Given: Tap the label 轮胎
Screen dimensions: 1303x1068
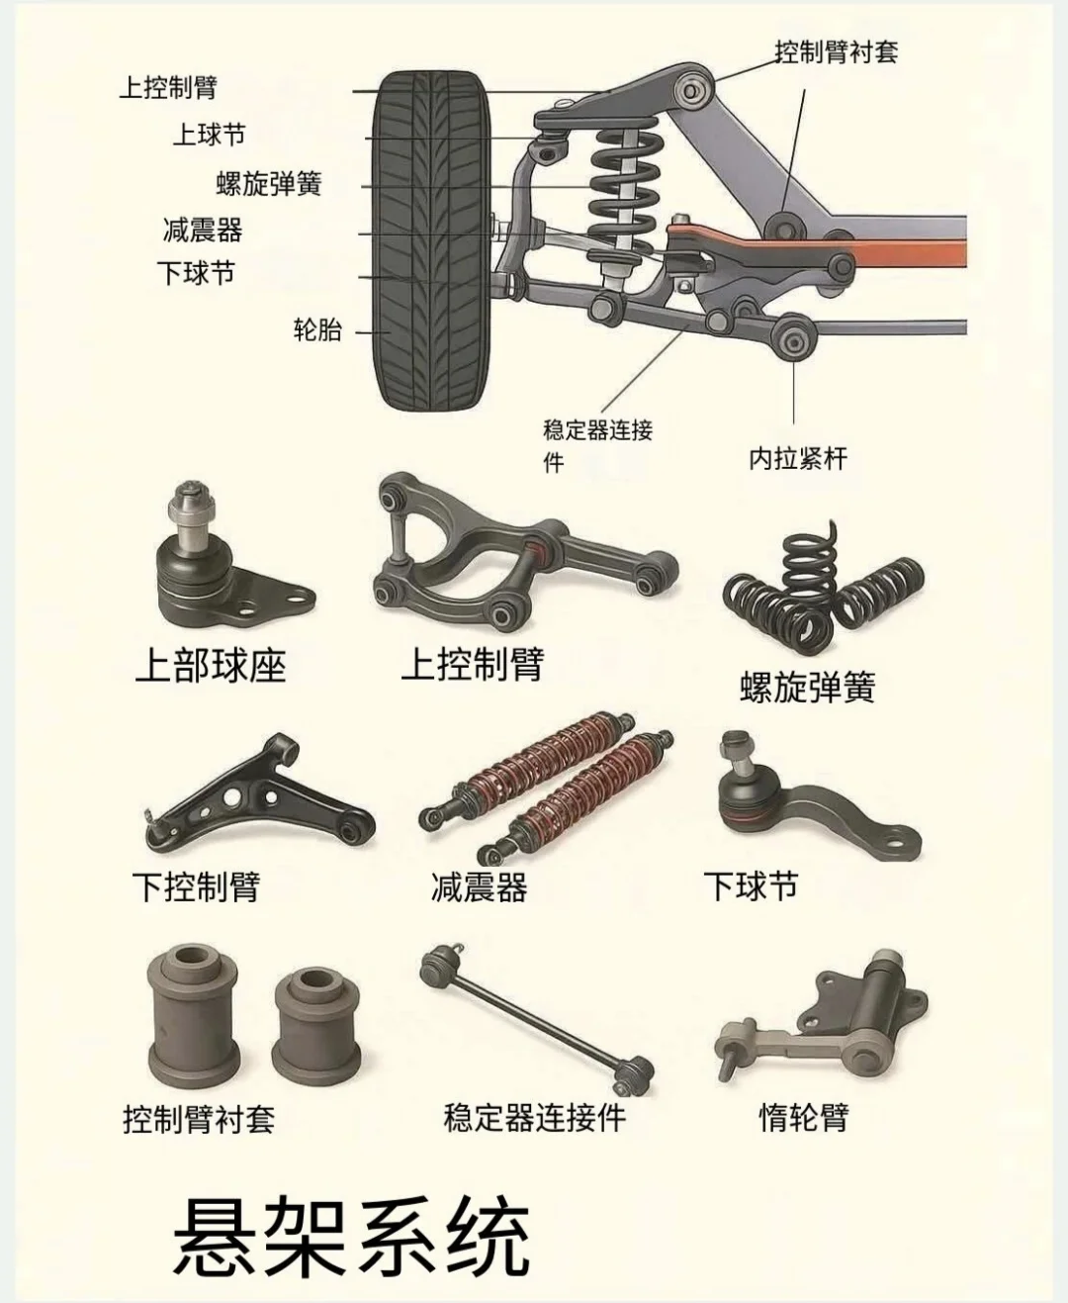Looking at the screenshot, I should [317, 330].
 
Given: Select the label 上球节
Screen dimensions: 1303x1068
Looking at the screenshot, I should [209, 135].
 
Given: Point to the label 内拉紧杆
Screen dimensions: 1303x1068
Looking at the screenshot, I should [797, 458].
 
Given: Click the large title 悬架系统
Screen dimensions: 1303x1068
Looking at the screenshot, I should [351, 1238].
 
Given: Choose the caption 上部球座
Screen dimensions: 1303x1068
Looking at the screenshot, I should [210, 666].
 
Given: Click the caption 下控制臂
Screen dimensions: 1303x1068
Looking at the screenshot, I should [196, 886].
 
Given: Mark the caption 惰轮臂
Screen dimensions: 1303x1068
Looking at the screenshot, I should [803, 1117].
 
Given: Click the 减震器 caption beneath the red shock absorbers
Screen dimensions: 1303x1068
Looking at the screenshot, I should [479, 886].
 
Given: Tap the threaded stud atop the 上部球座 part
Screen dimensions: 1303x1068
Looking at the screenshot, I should [189, 505].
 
